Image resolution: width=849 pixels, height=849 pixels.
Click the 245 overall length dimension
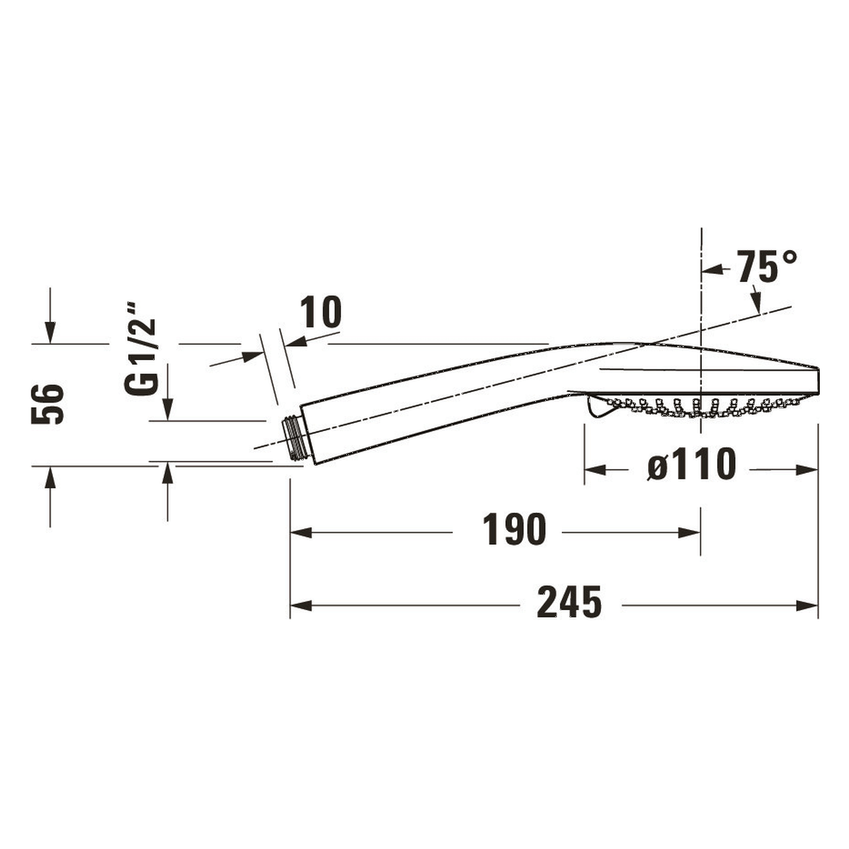(569, 602)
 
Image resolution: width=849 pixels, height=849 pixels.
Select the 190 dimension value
(515, 530)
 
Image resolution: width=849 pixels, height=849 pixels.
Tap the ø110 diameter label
(692, 464)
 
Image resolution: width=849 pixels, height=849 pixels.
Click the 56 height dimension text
(48, 404)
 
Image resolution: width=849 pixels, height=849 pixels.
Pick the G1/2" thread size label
(141, 349)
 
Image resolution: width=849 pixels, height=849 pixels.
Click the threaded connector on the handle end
(296, 438)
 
